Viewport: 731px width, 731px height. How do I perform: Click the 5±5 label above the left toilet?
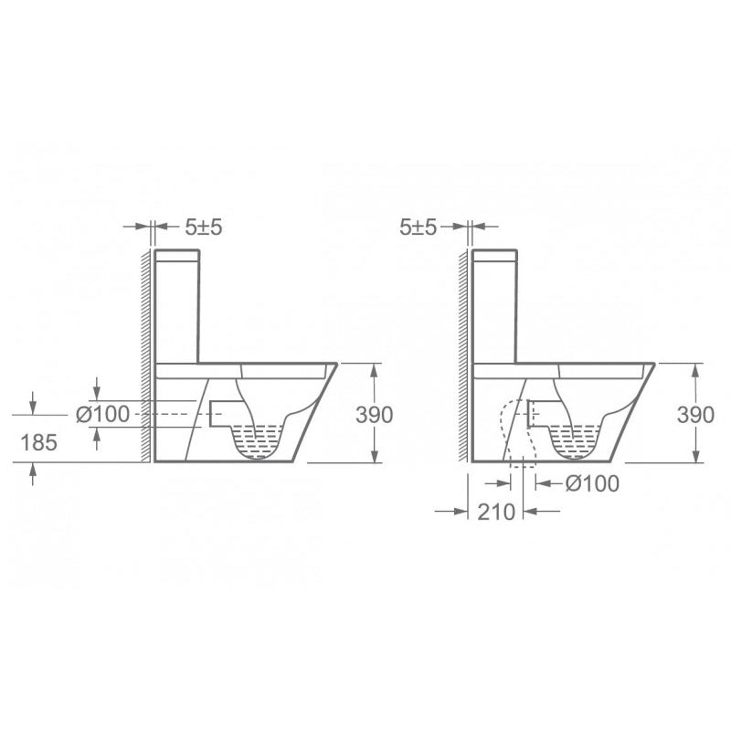tap(204, 228)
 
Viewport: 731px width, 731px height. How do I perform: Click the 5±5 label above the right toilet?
tap(420, 228)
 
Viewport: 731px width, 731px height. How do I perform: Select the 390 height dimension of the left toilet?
tap(374, 414)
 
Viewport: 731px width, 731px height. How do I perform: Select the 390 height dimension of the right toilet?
tap(695, 414)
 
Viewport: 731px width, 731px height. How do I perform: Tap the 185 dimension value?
tap(39, 443)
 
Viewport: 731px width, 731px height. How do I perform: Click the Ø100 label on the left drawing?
tap(103, 414)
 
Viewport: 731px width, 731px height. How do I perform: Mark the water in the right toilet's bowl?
tap(576, 445)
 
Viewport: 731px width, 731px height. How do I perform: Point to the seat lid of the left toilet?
tap(247, 369)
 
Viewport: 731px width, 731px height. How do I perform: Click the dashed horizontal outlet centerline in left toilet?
tap(174, 414)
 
